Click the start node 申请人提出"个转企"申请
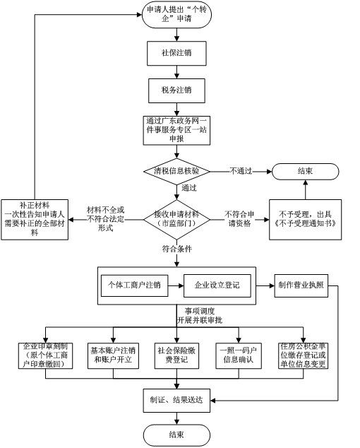click(x=176, y=15)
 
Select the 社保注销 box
click(x=176, y=53)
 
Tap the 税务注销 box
click(x=176, y=90)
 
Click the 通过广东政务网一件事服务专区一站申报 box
click(x=176, y=130)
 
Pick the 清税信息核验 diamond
click(x=176, y=172)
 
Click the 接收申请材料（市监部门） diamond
click(x=176, y=220)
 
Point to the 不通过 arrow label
click(x=241, y=171)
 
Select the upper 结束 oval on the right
click(x=305, y=172)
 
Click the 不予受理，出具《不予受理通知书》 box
click(x=305, y=220)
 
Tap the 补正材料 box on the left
click(x=35, y=220)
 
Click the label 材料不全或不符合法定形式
click(x=106, y=219)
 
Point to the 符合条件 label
click(x=177, y=249)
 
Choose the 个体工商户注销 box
click(x=134, y=285)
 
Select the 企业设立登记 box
click(x=217, y=285)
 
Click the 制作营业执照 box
click(x=301, y=285)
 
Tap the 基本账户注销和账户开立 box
click(x=113, y=355)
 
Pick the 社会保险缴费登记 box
click(x=176, y=355)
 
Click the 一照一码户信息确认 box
click(x=239, y=355)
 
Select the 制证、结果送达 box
click(x=176, y=400)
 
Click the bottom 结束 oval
click(x=176, y=435)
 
